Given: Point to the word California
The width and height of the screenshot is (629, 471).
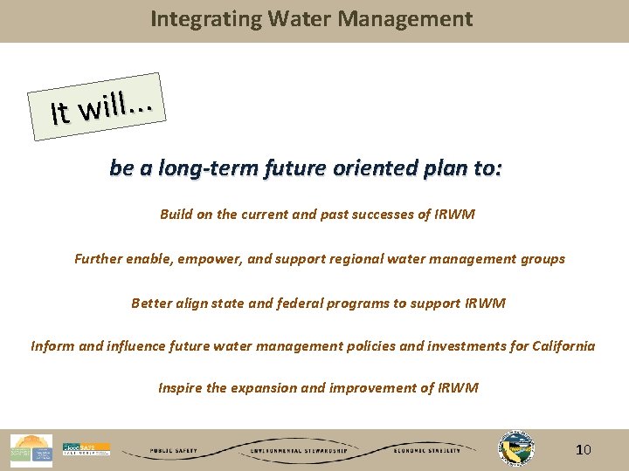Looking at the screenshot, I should coord(558,345).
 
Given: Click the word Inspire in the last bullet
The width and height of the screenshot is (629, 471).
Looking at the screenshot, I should coord(180,387).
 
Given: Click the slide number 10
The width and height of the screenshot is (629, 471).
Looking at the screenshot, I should coord(584,450).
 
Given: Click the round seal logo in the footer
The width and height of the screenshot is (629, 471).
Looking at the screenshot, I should coord(515,448).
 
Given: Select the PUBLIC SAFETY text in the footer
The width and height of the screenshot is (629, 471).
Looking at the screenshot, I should coord(173,451).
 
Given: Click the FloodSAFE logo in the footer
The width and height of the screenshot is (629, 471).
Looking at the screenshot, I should coord(86,449).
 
